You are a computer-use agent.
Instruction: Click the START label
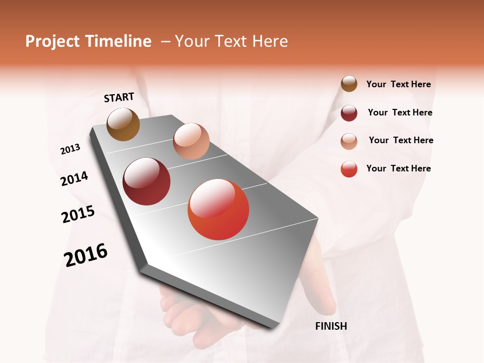pyautogui.click(x=119, y=97)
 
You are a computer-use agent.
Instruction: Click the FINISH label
pyautogui.click(x=331, y=326)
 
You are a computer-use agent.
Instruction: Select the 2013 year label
pyautogui.click(x=70, y=149)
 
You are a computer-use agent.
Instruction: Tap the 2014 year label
pyautogui.click(x=74, y=179)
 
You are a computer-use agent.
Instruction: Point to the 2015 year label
pyautogui.click(x=78, y=214)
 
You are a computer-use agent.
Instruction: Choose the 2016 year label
pyautogui.click(x=86, y=255)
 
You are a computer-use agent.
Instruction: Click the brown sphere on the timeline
pyautogui.click(x=124, y=124)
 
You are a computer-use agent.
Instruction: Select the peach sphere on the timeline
pyautogui.click(x=191, y=141)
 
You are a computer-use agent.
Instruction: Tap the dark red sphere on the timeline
pyautogui.click(x=147, y=181)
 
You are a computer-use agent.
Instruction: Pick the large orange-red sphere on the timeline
pyautogui.click(x=218, y=209)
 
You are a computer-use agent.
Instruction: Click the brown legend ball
pyautogui.click(x=349, y=84)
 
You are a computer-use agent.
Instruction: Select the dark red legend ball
pyautogui.click(x=349, y=113)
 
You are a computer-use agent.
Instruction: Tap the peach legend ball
pyautogui.click(x=349, y=141)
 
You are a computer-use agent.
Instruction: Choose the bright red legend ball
pyautogui.click(x=349, y=169)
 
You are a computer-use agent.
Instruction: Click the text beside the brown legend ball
pyautogui.click(x=398, y=84)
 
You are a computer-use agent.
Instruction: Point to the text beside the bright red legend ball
pyautogui.click(x=398, y=168)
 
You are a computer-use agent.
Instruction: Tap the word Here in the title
pyautogui.click(x=270, y=41)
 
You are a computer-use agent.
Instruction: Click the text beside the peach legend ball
pyautogui.click(x=401, y=140)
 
